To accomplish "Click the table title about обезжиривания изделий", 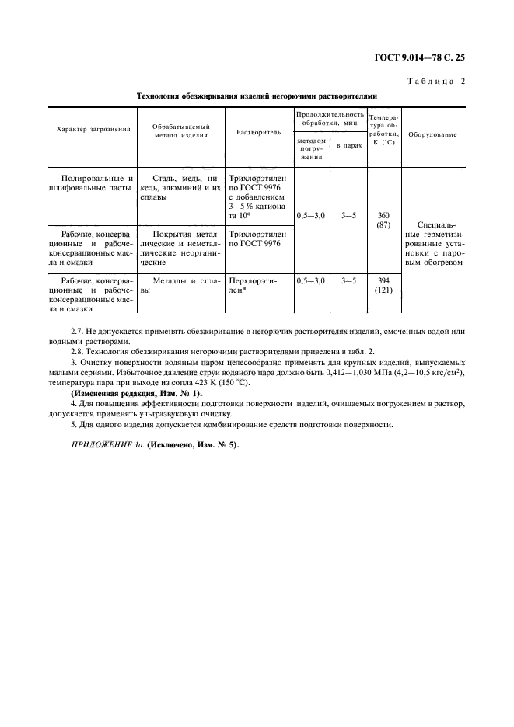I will coord(257,97).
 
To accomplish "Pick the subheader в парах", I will coord(348,146).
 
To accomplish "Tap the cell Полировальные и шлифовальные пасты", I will coord(93,183).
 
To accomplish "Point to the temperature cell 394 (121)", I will coord(383,286).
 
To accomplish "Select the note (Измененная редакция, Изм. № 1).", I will coord(136,394).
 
